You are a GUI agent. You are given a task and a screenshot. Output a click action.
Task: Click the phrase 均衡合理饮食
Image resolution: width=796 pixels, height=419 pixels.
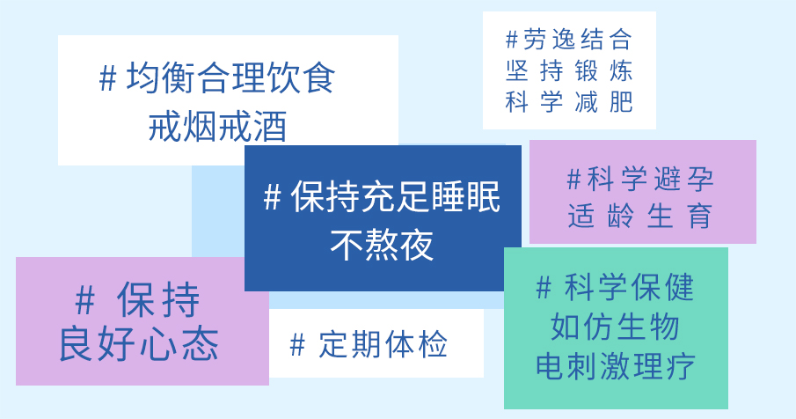coord(231,77)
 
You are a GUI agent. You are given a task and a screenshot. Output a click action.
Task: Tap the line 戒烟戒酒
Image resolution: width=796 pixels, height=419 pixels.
coord(218,126)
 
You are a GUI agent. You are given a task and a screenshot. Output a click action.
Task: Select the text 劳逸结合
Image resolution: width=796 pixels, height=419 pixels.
coord(578,39)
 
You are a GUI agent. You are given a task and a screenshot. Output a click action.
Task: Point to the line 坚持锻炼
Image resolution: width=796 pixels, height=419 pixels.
coord(569,70)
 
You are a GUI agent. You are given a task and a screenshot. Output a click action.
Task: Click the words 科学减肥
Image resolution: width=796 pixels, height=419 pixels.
coord(569,101)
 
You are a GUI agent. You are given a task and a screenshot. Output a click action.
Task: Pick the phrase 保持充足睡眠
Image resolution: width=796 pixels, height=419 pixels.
coord(396,196)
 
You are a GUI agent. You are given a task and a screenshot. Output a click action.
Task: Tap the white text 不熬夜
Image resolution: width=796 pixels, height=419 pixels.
coord(382,245)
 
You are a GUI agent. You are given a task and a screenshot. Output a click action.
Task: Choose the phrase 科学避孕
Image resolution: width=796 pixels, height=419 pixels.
coord(651,179)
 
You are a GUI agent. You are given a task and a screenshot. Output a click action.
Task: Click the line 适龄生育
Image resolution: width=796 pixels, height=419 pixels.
coord(640,216)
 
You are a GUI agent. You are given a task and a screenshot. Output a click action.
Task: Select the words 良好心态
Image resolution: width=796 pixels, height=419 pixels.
coord(139,344)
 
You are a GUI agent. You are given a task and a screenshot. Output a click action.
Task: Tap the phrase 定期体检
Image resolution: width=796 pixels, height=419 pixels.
coord(383,344)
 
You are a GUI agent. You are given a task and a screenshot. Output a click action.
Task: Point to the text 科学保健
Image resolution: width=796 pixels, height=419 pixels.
coord(630,287)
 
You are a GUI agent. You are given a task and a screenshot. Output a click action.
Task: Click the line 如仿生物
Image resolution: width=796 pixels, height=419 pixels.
coord(616,326)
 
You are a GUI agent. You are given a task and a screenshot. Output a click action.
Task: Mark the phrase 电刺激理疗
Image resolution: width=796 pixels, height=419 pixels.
coord(616,365)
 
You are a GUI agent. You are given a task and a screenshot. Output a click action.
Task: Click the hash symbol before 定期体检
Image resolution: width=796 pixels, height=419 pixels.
coord(297,345)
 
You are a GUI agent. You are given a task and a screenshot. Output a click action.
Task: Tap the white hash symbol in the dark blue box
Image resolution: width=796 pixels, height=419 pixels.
coord(273,197)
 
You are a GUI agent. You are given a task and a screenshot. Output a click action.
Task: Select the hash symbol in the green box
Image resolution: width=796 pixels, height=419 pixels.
coord(544,288)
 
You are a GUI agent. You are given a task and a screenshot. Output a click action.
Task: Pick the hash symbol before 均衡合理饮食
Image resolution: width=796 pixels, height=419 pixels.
coord(107,78)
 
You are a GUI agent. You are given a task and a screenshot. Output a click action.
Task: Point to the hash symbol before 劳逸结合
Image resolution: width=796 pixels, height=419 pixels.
coord(512,40)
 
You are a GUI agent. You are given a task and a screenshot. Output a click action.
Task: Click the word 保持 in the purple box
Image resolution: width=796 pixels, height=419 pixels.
coord(158,300)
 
